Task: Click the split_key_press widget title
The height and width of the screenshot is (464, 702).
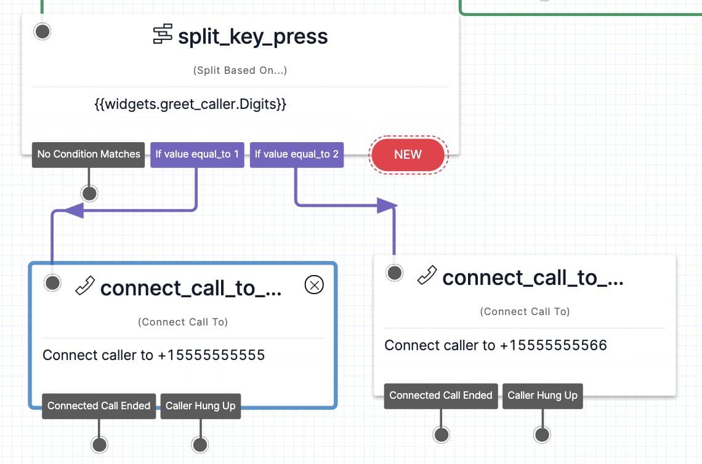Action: click(x=252, y=37)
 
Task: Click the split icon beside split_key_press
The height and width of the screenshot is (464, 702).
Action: click(x=163, y=34)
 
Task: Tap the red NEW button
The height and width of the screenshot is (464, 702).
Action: click(x=407, y=154)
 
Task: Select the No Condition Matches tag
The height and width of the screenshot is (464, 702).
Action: click(x=89, y=154)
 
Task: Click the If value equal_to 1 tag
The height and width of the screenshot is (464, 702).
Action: click(x=197, y=154)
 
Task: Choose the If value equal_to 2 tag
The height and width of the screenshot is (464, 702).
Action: click(x=297, y=154)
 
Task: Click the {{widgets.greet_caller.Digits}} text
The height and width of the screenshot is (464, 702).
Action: click(x=190, y=105)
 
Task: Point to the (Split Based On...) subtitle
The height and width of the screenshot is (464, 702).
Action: click(x=240, y=70)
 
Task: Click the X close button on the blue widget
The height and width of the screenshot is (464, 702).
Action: click(x=314, y=284)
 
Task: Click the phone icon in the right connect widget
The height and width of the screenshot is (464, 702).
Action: click(x=427, y=275)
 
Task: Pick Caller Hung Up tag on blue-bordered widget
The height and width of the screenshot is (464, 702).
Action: click(x=200, y=406)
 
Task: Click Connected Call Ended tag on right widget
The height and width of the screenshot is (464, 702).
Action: click(x=441, y=396)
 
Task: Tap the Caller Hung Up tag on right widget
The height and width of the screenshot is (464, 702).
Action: click(x=542, y=396)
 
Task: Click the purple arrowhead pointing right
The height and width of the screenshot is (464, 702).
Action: click(x=387, y=206)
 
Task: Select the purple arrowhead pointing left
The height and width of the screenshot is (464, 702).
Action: click(x=73, y=210)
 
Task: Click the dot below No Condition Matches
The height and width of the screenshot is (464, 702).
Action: click(x=90, y=194)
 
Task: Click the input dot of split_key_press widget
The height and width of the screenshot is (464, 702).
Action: click(x=42, y=32)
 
